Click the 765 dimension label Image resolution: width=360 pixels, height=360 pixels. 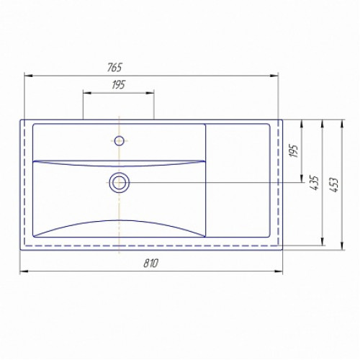coord(114,68)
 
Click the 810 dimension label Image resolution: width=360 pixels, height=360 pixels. coord(151,264)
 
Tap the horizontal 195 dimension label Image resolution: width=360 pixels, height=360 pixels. coord(119,85)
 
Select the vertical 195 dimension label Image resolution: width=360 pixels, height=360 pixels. coord(294,151)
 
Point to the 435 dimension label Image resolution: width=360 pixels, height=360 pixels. coord(315,183)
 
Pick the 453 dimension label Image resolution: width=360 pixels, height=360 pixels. coord(334,184)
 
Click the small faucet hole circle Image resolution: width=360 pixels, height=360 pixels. coord(120,140)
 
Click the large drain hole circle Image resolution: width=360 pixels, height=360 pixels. coord(120,183)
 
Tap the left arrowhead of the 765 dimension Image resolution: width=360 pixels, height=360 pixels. coord(28,76)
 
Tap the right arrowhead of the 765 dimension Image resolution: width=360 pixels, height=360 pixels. coord(274,76)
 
